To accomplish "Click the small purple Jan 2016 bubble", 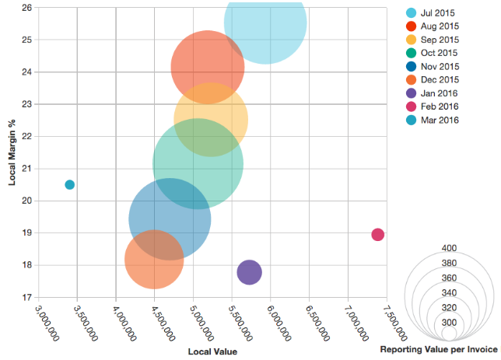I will coord(249,272).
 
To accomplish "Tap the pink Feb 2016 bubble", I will coord(378,235).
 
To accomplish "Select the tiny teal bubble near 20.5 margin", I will coord(70,185).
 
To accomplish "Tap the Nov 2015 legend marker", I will coord(412,67).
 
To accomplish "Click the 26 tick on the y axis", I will coord(26,8).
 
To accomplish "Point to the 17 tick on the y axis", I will coord(26,297).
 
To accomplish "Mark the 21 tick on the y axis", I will coord(26,169).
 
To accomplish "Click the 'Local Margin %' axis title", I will coord(12,152).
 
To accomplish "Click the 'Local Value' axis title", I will coord(212,351).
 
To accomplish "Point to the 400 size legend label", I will coord(449,248).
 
